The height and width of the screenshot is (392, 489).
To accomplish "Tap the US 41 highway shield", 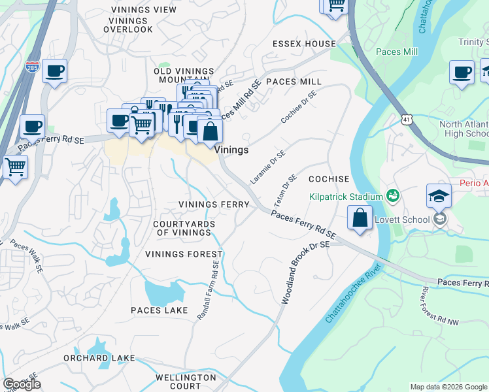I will pos(408,120).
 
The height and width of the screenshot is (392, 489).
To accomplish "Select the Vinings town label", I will pos(232,150).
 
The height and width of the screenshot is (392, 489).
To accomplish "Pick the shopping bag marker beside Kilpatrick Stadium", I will pos(360,218).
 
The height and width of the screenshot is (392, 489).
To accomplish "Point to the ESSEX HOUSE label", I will pos(304,44).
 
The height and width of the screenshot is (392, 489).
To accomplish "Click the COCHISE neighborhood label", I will pos(329,178).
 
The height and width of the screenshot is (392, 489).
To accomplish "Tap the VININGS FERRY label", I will pos(214,204).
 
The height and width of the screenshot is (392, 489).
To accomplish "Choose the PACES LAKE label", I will pos(159,310).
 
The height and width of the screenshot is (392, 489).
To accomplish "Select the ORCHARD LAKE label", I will pos(99,358).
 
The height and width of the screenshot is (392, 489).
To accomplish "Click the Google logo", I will pos(22,384).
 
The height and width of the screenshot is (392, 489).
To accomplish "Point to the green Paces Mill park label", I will pos(397,52).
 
